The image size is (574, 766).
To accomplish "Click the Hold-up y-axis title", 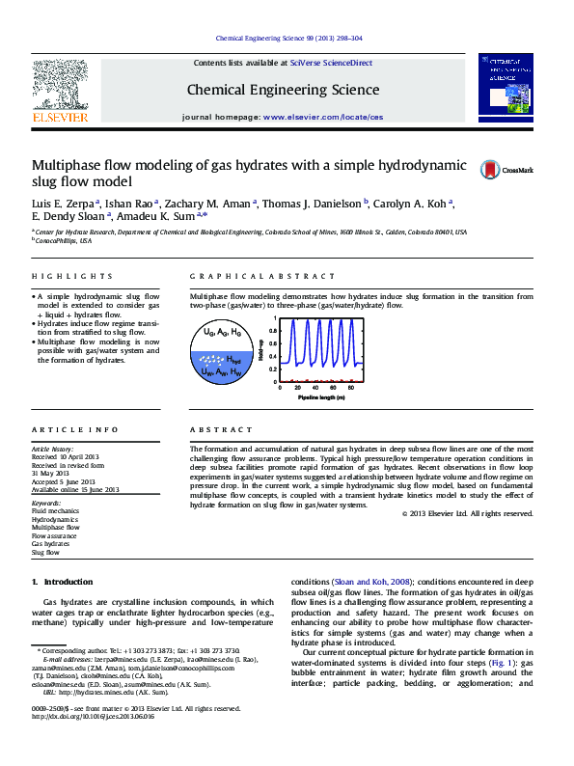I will [263, 355].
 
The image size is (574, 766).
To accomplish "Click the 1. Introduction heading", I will [62, 582].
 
